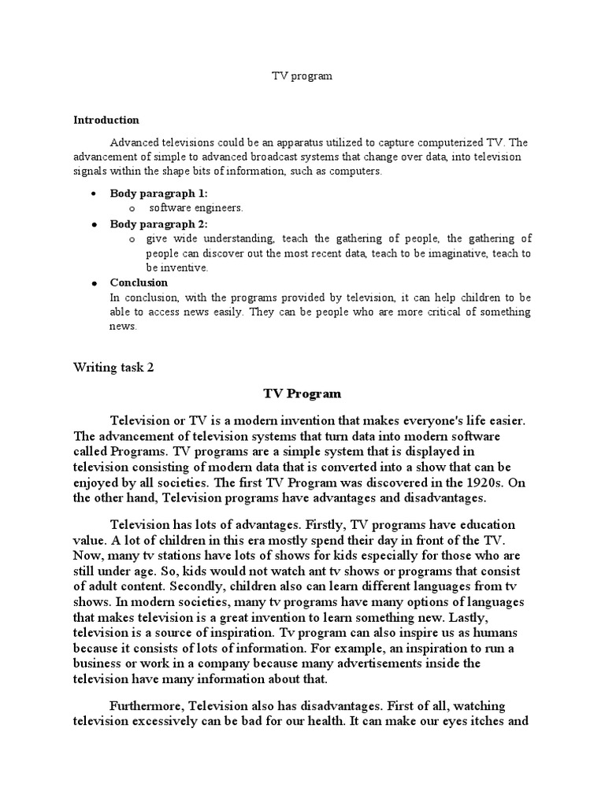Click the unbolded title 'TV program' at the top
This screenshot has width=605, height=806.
click(302, 76)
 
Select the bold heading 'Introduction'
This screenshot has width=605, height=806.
click(106, 120)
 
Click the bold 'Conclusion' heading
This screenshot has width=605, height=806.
click(139, 283)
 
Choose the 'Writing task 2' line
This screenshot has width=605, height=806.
click(113, 367)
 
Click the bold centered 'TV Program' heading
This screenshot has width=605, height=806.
click(302, 393)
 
